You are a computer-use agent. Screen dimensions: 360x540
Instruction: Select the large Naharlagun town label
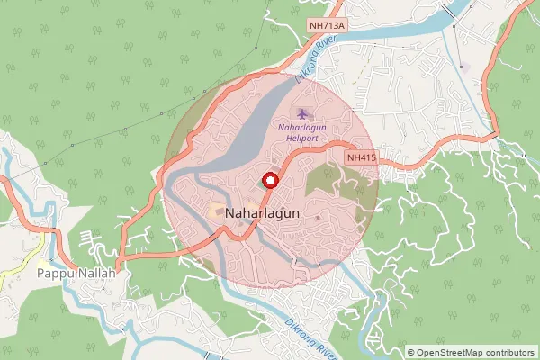point(265,214)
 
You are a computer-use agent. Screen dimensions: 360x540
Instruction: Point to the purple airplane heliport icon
point(302,113)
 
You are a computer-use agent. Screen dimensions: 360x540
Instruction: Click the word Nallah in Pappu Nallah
point(96,272)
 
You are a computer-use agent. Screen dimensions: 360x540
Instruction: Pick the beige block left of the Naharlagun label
point(216,211)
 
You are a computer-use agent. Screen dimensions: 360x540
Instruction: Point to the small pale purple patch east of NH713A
point(464,67)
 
